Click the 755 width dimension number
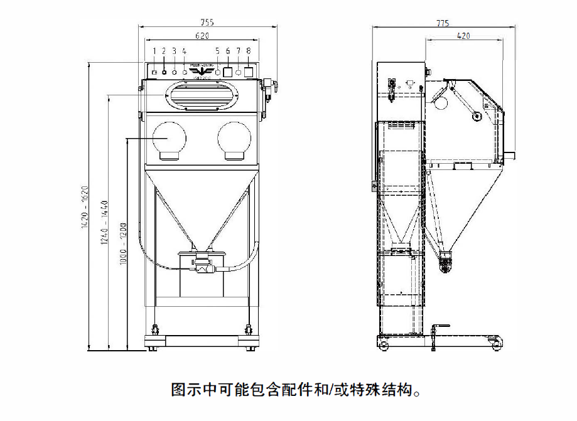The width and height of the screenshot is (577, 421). pyautogui.click(x=208, y=22)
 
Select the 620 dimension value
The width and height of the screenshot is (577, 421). pyautogui.click(x=202, y=36)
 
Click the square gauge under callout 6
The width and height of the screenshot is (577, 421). pyautogui.click(x=229, y=72)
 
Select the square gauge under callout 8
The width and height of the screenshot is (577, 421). pyautogui.click(x=249, y=72)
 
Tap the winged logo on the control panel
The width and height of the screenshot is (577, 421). pyautogui.click(x=201, y=69)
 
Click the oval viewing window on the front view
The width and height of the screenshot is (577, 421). pyautogui.click(x=201, y=97)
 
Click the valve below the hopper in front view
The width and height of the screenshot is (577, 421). pyautogui.click(x=202, y=267)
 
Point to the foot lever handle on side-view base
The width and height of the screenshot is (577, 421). pyautogui.click(x=441, y=326)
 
